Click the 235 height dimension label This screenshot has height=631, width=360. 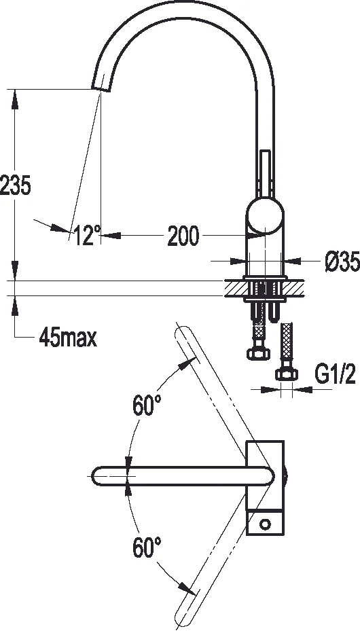tap(16, 185)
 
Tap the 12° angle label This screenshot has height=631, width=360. tap(87, 236)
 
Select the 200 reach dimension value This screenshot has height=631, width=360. tap(183, 236)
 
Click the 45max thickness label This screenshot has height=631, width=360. tap(67, 337)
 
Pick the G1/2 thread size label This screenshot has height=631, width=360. tap(334, 374)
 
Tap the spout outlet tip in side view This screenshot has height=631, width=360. tap(101, 87)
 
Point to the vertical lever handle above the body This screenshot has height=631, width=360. tap(266, 173)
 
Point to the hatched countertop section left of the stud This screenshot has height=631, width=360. tap(234, 288)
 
